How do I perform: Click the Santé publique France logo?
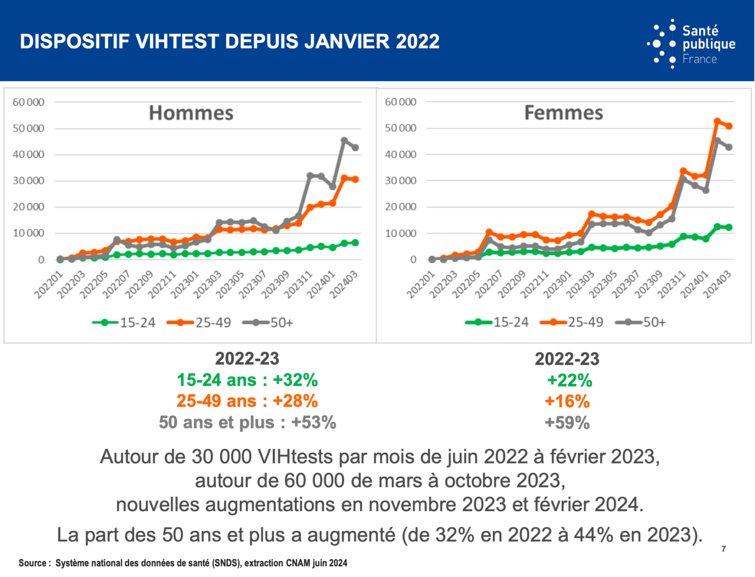point(692,44)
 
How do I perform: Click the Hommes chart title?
point(191,113)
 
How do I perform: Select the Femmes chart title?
point(563,113)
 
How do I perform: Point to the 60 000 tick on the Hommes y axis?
point(29,102)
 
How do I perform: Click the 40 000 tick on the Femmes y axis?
point(400,154)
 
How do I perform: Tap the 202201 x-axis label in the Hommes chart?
point(48,285)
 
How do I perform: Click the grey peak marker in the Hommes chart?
point(344,141)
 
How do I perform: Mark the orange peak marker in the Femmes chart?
point(717,121)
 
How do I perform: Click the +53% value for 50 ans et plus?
point(314,423)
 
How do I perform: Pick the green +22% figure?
point(569,380)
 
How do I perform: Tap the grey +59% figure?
point(567,423)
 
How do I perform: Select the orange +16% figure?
point(567,402)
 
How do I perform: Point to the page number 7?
point(724,549)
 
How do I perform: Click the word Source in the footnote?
point(33,563)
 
